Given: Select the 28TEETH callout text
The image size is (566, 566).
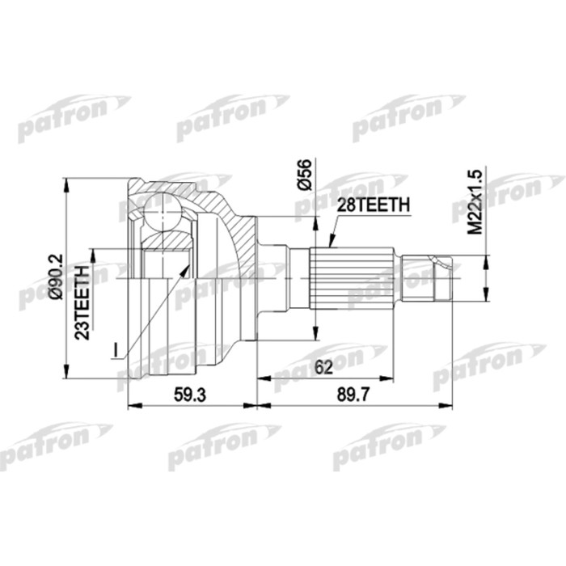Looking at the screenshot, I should coord(372,207).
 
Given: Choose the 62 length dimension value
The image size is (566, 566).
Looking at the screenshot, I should coord(325,367).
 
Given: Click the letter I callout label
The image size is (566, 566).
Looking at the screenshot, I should coord(115,349).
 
